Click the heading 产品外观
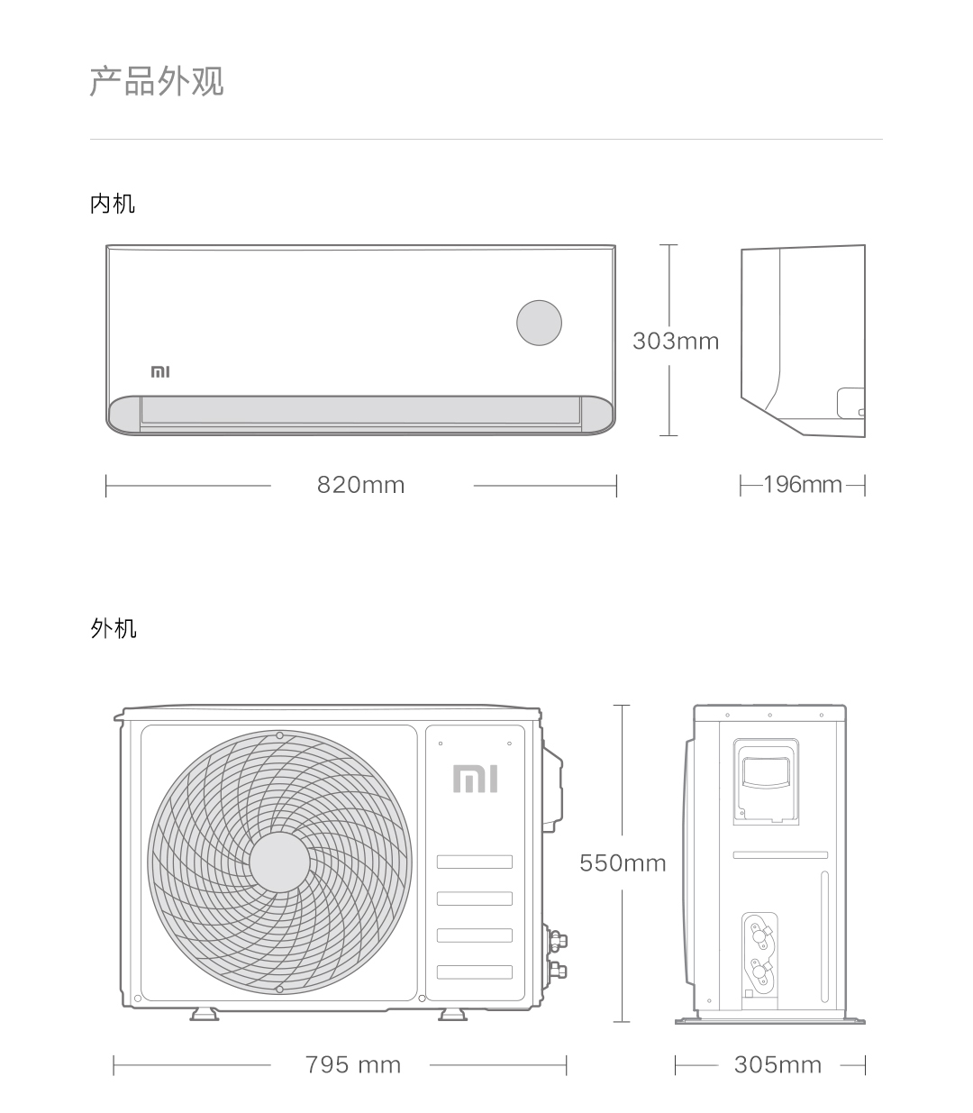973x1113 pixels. point(157,81)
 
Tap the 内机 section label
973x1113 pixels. point(113,204)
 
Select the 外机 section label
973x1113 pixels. point(114,628)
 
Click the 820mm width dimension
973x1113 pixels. point(360,485)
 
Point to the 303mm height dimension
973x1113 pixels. point(676,341)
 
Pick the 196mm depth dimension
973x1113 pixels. point(802,485)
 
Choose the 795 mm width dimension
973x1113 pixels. point(352,1064)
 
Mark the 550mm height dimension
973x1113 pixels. point(623,863)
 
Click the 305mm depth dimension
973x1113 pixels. point(777,1064)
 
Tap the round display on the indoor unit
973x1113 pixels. point(539,323)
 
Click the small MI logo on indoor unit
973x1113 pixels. point(160,371)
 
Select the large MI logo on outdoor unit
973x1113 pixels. point(475,779)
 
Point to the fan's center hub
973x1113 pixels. point(279,862)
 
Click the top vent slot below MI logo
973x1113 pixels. point(474,862)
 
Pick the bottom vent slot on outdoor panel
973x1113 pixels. point(474,972)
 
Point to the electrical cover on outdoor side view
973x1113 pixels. point(766,780)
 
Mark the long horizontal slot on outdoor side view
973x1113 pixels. point(780,854)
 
